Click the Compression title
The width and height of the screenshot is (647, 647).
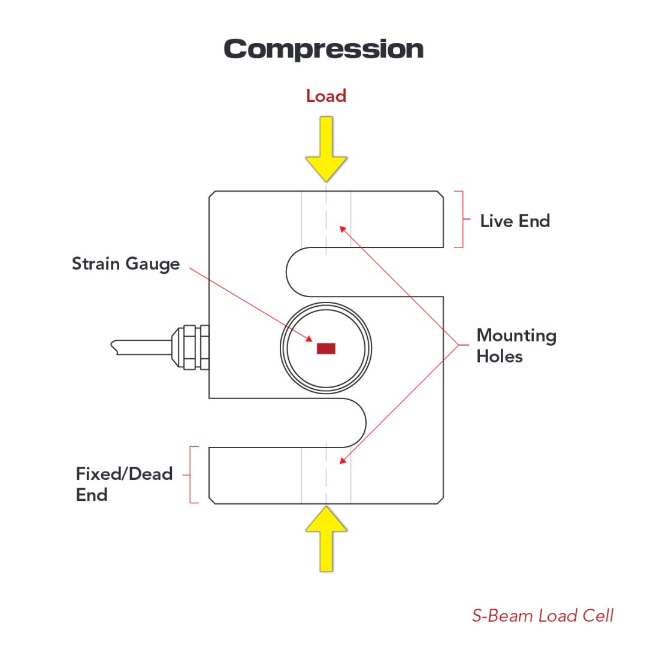[x=323, y=49]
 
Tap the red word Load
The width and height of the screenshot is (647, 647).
[x=326, y=96]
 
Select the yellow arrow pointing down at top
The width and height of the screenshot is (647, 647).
[x=326, y=150]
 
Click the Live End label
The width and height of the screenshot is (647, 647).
[x=515, y=221]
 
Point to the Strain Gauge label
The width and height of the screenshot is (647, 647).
[x=126, y=264]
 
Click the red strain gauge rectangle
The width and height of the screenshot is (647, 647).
[x=326, y=348]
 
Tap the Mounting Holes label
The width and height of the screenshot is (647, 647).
[x=516, y=346]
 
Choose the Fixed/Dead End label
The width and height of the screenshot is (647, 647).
[x=123, y=484]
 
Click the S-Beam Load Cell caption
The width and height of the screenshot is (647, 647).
[x=542, y=615]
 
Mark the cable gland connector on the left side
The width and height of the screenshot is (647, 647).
[x=191, y=347]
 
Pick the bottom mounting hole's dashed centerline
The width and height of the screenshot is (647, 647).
[x=326, y=473]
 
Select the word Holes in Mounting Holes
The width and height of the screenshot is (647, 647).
[x=500, y=356]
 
